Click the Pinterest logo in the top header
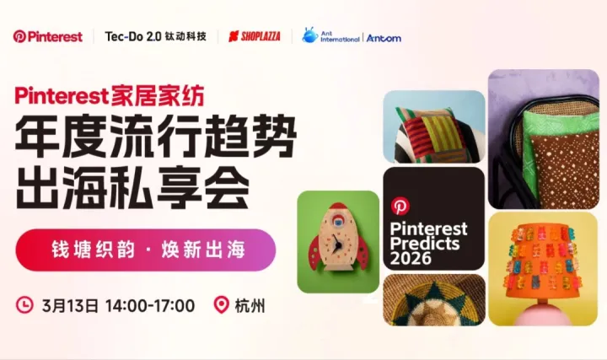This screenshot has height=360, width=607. pyautogui.click(x=48, y=36)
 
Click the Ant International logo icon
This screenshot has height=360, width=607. pyautogui.click(x=310, y=35)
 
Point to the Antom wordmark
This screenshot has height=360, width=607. pyautogui.click(x=384, y=38)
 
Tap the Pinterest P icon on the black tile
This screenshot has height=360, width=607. pyautogui.click(x=400, y=206)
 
